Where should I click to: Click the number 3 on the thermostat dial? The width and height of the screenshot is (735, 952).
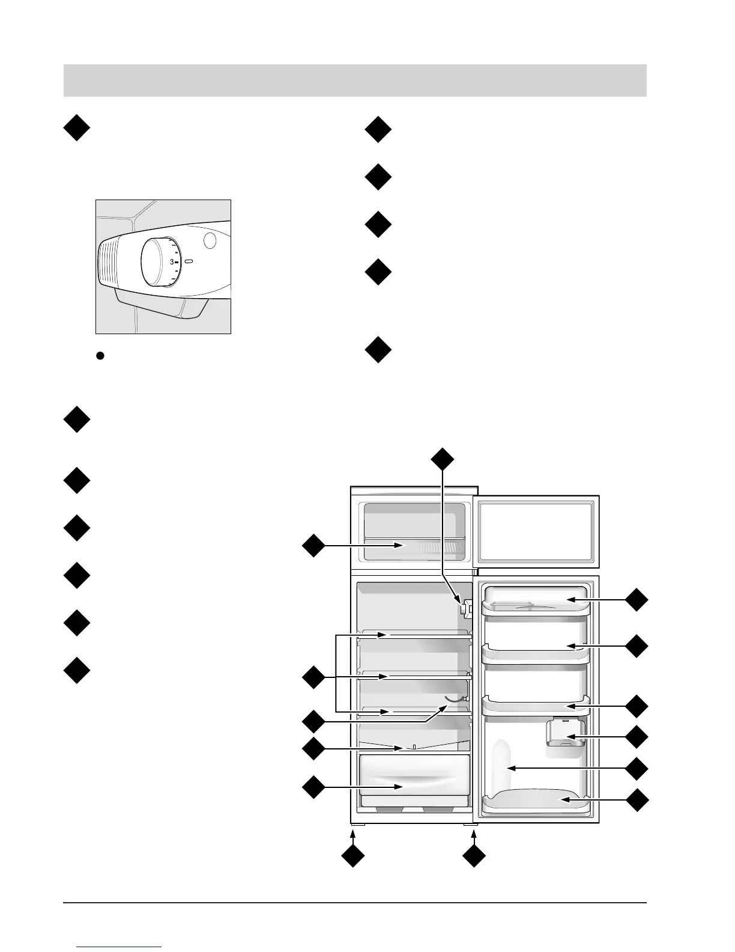pyautogui.click(x=171, y=262)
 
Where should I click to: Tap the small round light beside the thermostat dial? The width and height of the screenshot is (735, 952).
pyautogui.click(x=210, y=241)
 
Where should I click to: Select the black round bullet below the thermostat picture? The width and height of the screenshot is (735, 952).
pyautogui.click(x=101, y=356)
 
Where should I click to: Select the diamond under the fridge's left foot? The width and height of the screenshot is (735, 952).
pyautogui.click(x=353, y=856)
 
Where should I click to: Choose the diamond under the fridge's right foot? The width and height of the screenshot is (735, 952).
pyautogui.click(x=474, y=856)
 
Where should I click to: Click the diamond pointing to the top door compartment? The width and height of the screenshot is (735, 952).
pyautogui.click(x=637, y=600)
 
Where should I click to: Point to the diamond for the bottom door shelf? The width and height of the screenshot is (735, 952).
pyautogui.click(x=637, y=800)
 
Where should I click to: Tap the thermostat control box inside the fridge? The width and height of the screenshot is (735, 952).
pyautogui.click(x=464, y=608)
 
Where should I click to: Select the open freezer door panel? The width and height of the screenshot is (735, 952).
pyautogui.click(x=536, y=531)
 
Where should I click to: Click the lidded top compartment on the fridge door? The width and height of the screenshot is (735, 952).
pyautogui.click(x=536, y=600)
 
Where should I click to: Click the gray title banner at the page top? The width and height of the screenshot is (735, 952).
pyautogui.click(x=355, y=81)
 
